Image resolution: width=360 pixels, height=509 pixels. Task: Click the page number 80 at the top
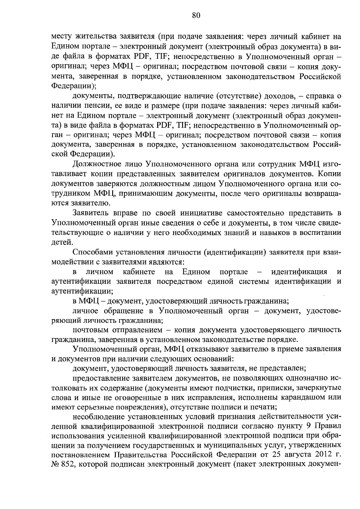[x=196, y=16]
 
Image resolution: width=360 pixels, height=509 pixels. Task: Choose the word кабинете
[x=139, y=272]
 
